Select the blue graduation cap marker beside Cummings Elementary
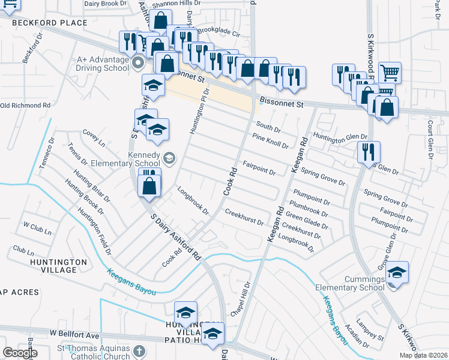coord(397,273)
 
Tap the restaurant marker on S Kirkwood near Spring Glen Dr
coord(368,152)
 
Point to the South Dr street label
coord(268,127)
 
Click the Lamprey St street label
coord(373,327)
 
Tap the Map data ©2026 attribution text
coord(423,355)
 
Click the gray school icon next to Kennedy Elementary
coord(169,158)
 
